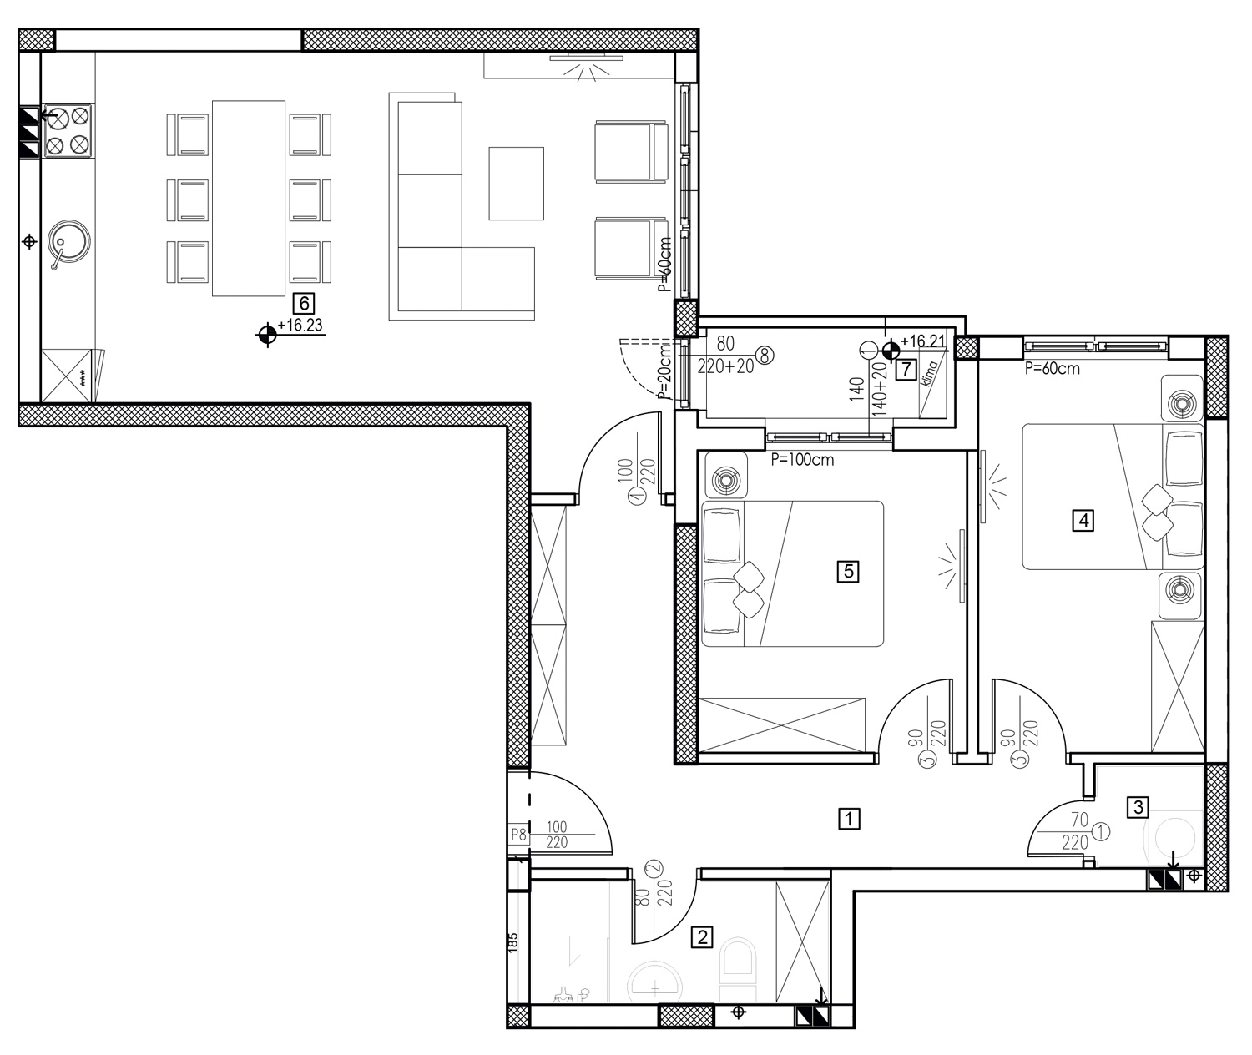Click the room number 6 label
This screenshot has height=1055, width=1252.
click(304, 304)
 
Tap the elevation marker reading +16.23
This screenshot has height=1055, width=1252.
click(300, 325)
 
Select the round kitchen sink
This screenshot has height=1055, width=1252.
click(69, 242)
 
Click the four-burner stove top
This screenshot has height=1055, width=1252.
click(68, 131)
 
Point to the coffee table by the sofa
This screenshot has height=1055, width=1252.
click(517, 184)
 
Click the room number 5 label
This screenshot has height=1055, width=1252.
click(848, 572)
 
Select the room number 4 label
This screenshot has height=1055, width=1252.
click(1083, 520)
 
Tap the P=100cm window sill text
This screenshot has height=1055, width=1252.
click(802, 460)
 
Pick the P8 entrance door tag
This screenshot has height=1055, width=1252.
click(518, 835)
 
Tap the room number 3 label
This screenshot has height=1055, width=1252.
click(1138, 807)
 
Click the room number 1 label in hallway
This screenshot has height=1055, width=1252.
click(849, 819)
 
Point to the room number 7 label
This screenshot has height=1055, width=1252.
click(906, 370)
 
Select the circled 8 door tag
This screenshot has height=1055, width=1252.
click(765, 356)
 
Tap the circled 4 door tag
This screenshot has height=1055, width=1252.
click(638, 495)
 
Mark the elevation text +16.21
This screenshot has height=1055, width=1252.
click(923, 341)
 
